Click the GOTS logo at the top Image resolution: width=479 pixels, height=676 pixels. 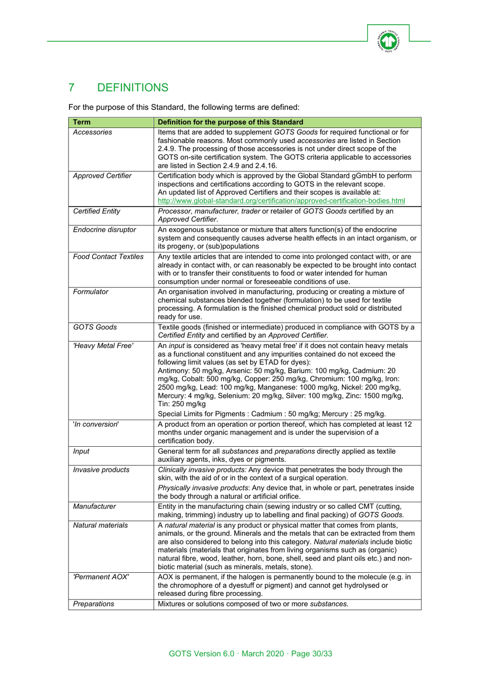[388, 41]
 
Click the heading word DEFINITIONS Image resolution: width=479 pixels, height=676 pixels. [133, 88]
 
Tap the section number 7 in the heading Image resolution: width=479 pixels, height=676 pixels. [72, 88]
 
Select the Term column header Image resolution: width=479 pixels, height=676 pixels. [82, 122]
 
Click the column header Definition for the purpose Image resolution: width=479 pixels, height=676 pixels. [230, 122]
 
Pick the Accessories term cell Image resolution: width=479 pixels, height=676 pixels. [93, 132]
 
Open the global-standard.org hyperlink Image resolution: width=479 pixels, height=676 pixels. [281, 200]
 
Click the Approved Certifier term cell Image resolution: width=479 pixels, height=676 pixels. [102, 176]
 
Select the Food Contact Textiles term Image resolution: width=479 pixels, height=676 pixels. [108, 257]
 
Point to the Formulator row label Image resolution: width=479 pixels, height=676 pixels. [91, 292]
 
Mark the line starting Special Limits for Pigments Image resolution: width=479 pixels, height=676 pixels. [272, 414]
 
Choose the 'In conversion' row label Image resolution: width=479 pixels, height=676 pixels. [96, 424]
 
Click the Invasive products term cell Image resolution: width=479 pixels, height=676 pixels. [101, 470]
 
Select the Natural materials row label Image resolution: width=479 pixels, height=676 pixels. [101, 525]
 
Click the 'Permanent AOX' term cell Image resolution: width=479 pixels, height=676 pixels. [101, 577]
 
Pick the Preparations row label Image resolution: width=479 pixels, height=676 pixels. [94, 604]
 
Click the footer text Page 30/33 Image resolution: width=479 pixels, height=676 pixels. [312, 653]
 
